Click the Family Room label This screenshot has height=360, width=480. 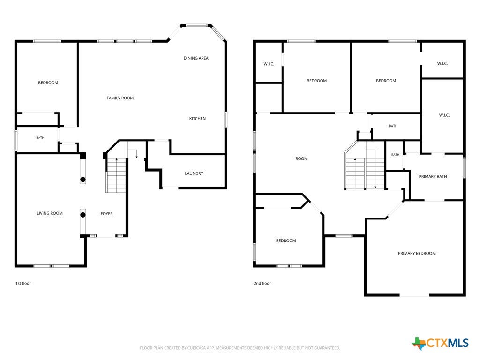point(120,98)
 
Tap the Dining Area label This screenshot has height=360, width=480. point(196,58)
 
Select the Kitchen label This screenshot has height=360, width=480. point(197,119)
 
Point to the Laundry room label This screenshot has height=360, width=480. point(194,173)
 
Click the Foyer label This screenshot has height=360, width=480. point(106,214)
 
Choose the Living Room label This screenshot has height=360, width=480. point(50,213)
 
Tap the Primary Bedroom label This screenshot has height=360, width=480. point(417,253)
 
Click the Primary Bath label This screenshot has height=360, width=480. point(433,176)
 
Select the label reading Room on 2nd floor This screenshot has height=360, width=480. point(301,158)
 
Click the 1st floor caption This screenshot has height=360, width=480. point(23,283)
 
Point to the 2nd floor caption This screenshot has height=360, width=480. point(262,283)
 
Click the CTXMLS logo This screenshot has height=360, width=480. point(440,343)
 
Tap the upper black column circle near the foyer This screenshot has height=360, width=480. point(82,180)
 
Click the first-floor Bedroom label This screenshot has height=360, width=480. point(48,82)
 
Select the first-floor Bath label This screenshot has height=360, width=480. point(40,138)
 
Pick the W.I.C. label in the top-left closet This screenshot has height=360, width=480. point(269,64)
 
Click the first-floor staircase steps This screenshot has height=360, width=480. point(116,175)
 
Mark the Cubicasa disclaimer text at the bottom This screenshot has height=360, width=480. point(240,348)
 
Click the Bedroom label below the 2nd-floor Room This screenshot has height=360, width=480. point(286,240)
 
